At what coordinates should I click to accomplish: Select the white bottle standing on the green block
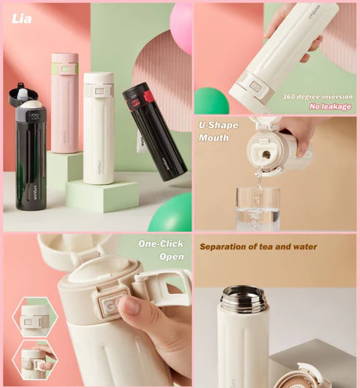[x=98, y=131]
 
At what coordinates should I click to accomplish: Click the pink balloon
[x=180, y=28]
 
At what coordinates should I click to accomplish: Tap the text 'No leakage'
[x=329, y=106]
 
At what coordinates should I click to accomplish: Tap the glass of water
[x=257, y=209]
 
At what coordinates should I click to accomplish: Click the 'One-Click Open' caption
[x=161, y=249]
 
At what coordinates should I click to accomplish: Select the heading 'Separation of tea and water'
[x=258, y=247]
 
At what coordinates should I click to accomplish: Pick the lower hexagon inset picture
[x=34, y=360]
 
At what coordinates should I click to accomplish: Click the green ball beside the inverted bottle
[x=211, y=101]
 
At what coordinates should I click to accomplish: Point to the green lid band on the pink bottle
[x=65, y=69]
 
